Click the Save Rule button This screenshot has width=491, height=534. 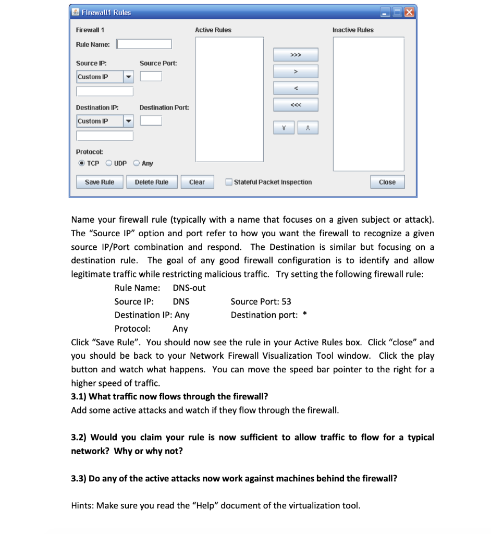(99, 182)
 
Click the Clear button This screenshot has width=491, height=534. (197, 182)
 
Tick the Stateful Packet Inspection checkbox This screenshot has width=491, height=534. (229, 182)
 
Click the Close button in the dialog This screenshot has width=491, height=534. (387, 182)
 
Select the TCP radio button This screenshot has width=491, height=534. (81, 163)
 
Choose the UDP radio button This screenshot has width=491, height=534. (108, 163)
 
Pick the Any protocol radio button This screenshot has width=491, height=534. (137, 163)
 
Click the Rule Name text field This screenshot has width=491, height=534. (144, 44)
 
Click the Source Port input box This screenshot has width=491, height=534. (151, 77)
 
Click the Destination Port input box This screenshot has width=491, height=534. (151, 121)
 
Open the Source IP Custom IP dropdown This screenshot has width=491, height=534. (128, 77)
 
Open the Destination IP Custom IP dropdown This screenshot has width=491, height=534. (128, 122)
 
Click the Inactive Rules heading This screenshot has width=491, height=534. (353, 30)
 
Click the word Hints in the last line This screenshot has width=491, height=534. (82, 505)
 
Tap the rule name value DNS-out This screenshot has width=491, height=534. (189, 288)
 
